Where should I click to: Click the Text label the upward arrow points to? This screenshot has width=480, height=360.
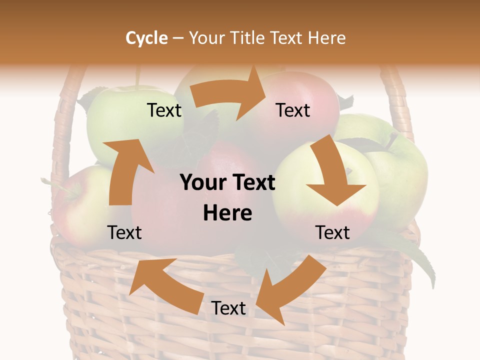164,110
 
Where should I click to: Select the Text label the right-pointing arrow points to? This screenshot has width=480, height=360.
293,110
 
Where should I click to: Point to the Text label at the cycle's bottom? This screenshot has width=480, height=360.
228,308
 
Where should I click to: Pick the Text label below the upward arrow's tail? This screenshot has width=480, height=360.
124,232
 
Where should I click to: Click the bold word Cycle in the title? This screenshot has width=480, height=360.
146,38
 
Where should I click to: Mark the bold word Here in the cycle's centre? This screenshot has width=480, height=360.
227,213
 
